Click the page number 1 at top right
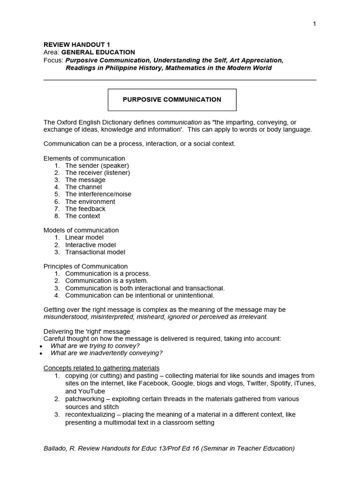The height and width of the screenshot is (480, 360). (315, 24)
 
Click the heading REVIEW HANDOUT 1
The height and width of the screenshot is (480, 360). (77, 45)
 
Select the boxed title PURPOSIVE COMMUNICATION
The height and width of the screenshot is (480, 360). (172, 99)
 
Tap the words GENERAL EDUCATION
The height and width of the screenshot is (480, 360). (98, 52)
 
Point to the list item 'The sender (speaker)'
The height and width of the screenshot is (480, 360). (97, 165)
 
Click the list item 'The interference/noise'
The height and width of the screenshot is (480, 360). (98, 194)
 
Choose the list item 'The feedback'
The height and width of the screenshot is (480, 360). (85, 209)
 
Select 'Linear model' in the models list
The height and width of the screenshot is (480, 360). (84, 237)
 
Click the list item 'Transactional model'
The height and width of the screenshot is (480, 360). (95, 252)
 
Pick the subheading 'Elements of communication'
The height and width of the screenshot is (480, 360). (84, 158)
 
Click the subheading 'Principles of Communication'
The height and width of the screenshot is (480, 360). (85, 266)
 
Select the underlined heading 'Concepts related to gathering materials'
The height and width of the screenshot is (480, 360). (101, 367)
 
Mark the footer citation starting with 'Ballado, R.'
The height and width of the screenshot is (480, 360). (169, 448)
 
